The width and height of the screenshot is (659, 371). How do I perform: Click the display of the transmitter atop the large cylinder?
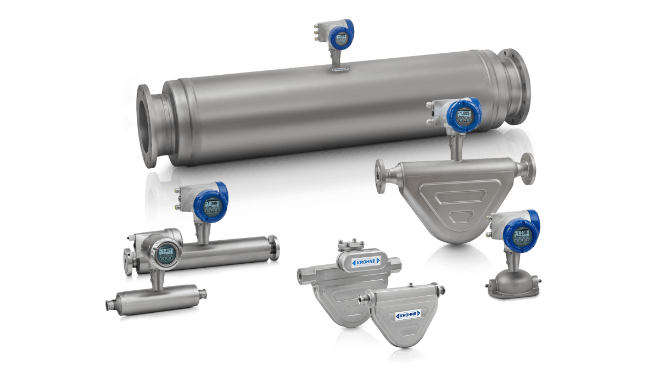click(342, 37)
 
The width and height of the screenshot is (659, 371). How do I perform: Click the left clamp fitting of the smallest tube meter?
click(109, 304)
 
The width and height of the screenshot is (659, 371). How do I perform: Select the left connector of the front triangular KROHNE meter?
click(362, 299)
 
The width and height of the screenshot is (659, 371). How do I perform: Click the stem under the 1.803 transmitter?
click(454, 146)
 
